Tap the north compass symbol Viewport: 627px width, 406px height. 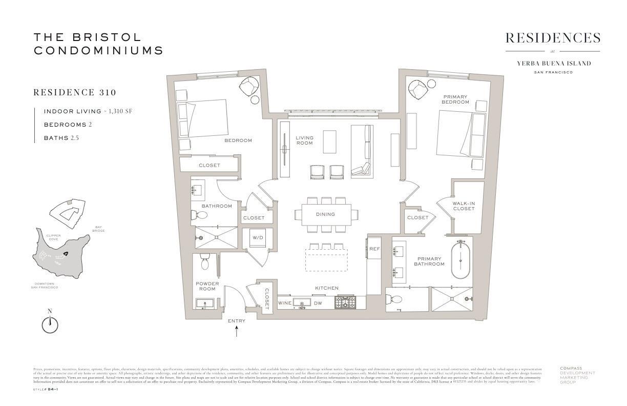click(x=50, y=324)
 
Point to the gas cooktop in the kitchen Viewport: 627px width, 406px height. click(x=344, y=302)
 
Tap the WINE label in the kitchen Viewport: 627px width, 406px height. click(x=285, y=303)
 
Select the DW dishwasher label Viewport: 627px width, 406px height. click(x=318, y=303)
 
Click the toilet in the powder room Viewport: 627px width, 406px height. click(x=205, y=261)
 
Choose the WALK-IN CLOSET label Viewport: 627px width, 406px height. click(x=463, y=206)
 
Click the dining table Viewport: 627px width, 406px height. click(x=326, y=214)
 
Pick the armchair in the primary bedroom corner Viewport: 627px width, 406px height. click(x=418, y=90)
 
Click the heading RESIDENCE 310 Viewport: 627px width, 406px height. click(x=75, y=93)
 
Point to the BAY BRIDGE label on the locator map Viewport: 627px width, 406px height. click(x=99, y=229)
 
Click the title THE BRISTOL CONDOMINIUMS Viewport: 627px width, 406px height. click(x=98, y=44)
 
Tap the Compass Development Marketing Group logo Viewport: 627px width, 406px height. click(x=577, y=375)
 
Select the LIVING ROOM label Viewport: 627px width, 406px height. click(x=304, y=140)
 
